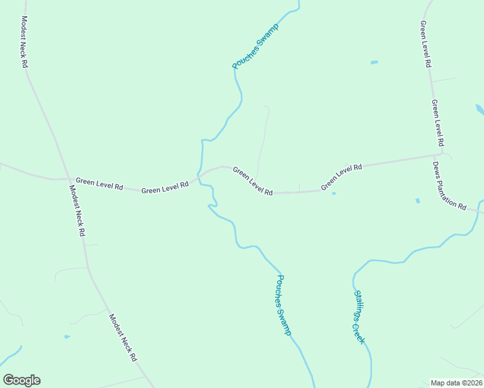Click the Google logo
[21, 380]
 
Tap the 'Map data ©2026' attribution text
[456, 383]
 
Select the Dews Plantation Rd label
[450, 186]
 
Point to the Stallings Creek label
[359, 317]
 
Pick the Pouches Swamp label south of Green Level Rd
[284, 305]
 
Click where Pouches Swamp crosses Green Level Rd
[199, 175]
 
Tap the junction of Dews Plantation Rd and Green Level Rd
[443, 155]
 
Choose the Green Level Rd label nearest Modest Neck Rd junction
[99, 184]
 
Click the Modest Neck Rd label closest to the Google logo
[123, 338]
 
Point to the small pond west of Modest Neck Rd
[67, 337]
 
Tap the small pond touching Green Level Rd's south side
[333, 193]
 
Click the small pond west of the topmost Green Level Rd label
[373, 63]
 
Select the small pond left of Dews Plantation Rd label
[417, 200]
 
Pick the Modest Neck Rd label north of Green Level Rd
[24, 42]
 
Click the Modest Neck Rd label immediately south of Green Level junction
[77, 211]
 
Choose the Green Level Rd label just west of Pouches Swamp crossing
[165, 188]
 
